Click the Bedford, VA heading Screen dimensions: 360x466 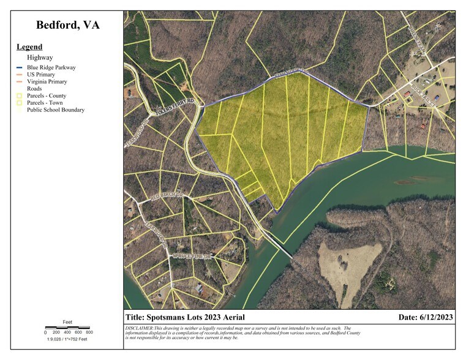pyautogui.click(x=67, y=25)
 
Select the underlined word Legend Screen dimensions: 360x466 pyautogui.click(x=29, y=47)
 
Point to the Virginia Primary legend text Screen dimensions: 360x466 pyautogui.click(x=47, y=81)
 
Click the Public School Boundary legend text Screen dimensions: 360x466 pyautogui.click(x=56, y=110)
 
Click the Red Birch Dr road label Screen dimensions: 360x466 pyautogui.click(x=167, y=195)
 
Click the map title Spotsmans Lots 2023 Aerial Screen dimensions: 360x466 pyautogui.click(x=185, y=317)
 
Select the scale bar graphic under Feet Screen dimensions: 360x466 pyautogui.click(x=67, y=328)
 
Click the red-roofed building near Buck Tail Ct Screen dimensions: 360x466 pyautogui.click(x=407, y=94)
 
